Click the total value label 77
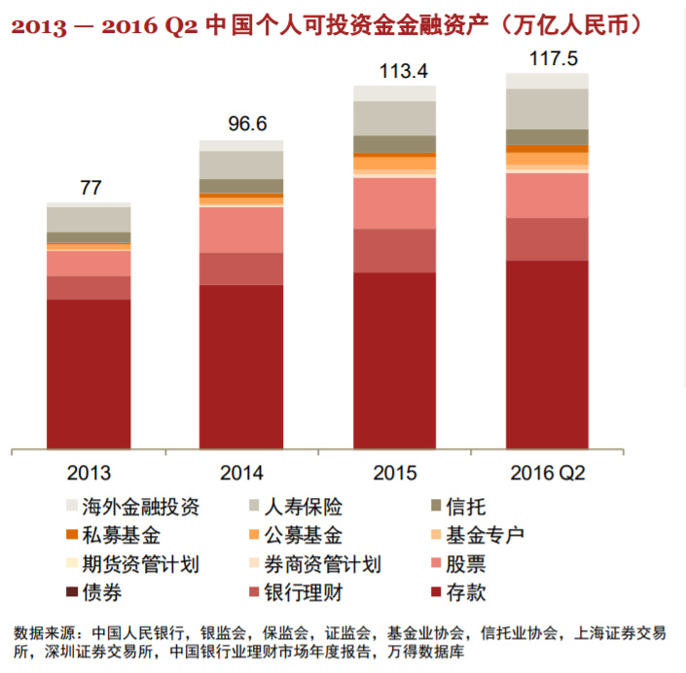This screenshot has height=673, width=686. click(90, 189)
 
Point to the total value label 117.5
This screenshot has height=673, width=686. click(547, 57)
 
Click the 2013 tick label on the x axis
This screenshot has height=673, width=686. click(89, 474)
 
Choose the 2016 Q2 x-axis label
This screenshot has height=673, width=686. click(547, 474)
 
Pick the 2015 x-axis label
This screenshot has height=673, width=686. click(395, 474)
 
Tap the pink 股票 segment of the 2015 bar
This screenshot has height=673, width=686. click(395, 203)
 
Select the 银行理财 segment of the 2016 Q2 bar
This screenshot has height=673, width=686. click(547, 239)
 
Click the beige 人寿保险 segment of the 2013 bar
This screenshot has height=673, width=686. click(90, 219)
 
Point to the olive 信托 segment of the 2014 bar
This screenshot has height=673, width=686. click(241, 186)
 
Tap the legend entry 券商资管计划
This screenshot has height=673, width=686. click(326, 564)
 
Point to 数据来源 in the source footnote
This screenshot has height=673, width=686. click(39, 633)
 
